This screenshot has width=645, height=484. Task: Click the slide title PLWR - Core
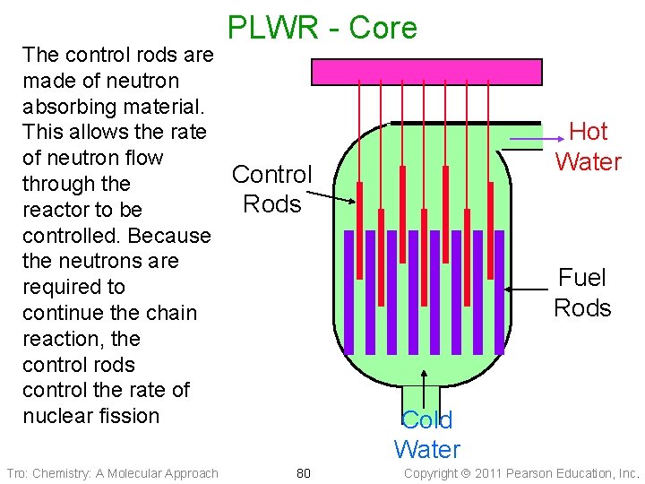coord(322,28)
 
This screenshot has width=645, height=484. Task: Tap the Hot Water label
coord(588,146)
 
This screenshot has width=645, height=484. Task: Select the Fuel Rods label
coord(582,293)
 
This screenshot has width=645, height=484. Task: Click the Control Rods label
coord(272,189)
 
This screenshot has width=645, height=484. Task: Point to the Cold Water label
coord(426,435)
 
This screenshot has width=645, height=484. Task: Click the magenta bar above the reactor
coord(426,71)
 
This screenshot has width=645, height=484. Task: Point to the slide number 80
coord(303,473)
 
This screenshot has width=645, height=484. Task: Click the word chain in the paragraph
coord(171,313)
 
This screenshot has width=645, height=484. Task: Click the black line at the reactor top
coord(466,123)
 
